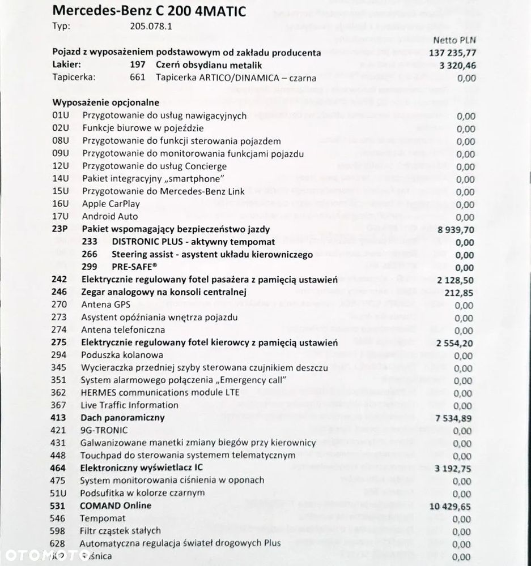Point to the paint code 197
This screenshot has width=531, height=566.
point(137,65)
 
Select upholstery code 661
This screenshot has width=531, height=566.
point(137,78)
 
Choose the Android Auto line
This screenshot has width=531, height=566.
point(110,216)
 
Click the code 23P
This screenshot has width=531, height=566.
point(59,229)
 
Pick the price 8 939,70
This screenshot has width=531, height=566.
point(456,229)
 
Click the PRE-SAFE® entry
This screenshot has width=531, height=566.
point(135,267)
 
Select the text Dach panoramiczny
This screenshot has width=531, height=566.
point(122,418)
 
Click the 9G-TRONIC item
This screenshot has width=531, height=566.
point(104,430)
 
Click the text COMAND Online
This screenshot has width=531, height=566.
point(116,505)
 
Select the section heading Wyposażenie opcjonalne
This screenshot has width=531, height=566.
point(105,103)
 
